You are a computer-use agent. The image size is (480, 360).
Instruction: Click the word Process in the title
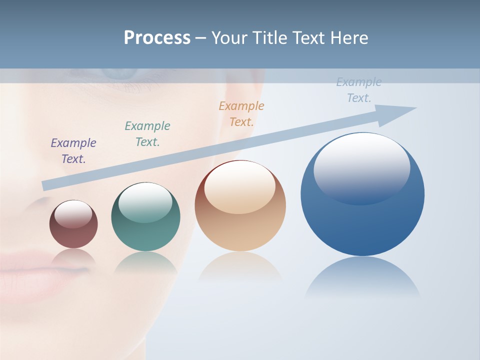point(157,38)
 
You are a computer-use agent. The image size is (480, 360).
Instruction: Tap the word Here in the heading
point(350,38)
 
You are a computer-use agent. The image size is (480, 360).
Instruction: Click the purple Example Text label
point(73,151)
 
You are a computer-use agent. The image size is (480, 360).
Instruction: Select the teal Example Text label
point(147,134)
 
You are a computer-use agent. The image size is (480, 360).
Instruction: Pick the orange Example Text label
point(241,114)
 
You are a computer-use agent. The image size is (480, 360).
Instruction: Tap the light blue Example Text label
point(359,90)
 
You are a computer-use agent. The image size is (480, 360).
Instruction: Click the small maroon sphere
point(73,232)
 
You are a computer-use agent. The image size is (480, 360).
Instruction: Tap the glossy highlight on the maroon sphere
point(73,214)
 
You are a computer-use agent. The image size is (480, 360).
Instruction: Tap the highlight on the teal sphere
point(145,202)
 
